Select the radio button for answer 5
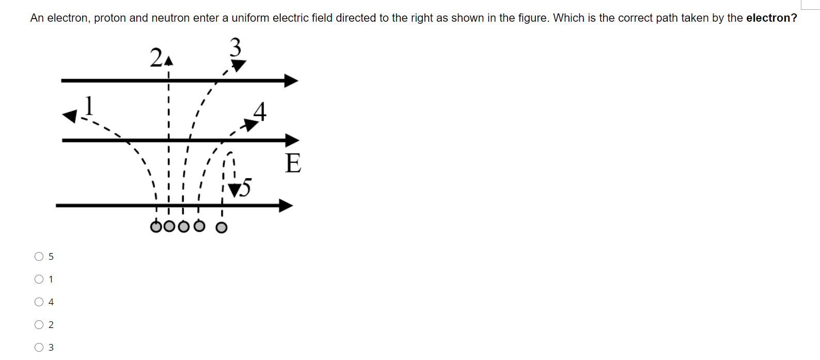tap(39, 257)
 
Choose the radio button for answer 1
tap(39, 279)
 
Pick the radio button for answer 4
tap(39, 302)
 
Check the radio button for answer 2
tap(39, 325)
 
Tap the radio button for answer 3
tap(39, 348)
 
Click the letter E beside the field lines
tap(293, 163)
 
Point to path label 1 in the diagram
tap(89, 105)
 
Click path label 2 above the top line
tap(156, 57)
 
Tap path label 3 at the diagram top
tap(235, 47)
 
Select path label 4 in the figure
tap(260, 111)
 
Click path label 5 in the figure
tap(246, 187)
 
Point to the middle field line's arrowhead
tap(292, 140)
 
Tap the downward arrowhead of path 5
tap(234, 190)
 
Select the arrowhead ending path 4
tap(250, 124)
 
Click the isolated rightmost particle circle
tap(221, 228)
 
